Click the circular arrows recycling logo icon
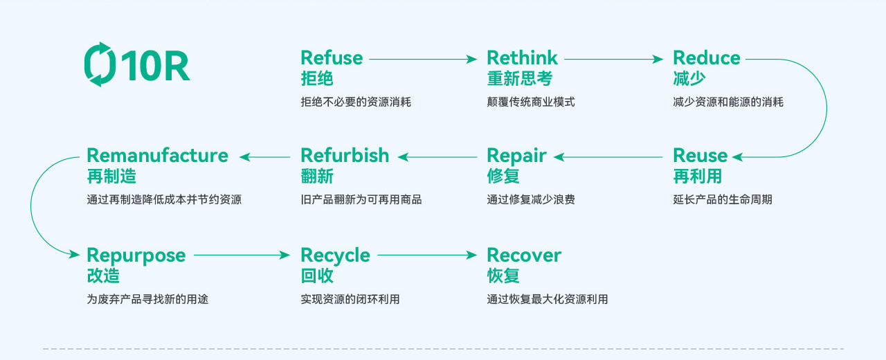[100, 64]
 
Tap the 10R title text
[155, 66]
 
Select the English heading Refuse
[332, 57]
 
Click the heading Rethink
[522, 57]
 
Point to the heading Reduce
[706, 57]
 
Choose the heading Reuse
[700, 155]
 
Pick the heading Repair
[516, 155]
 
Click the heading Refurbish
[345, 155]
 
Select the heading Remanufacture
[157, 155]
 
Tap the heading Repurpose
[136, 255]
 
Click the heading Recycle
[335, 255]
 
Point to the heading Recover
[524, 255]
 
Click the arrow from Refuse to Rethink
[422, 60]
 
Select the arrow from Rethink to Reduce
[613, 60]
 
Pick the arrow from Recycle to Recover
[427, 255]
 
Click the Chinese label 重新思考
[520, 79]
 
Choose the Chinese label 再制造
[111, 177]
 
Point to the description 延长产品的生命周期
[722, 200]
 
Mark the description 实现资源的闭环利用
[350, 300]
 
